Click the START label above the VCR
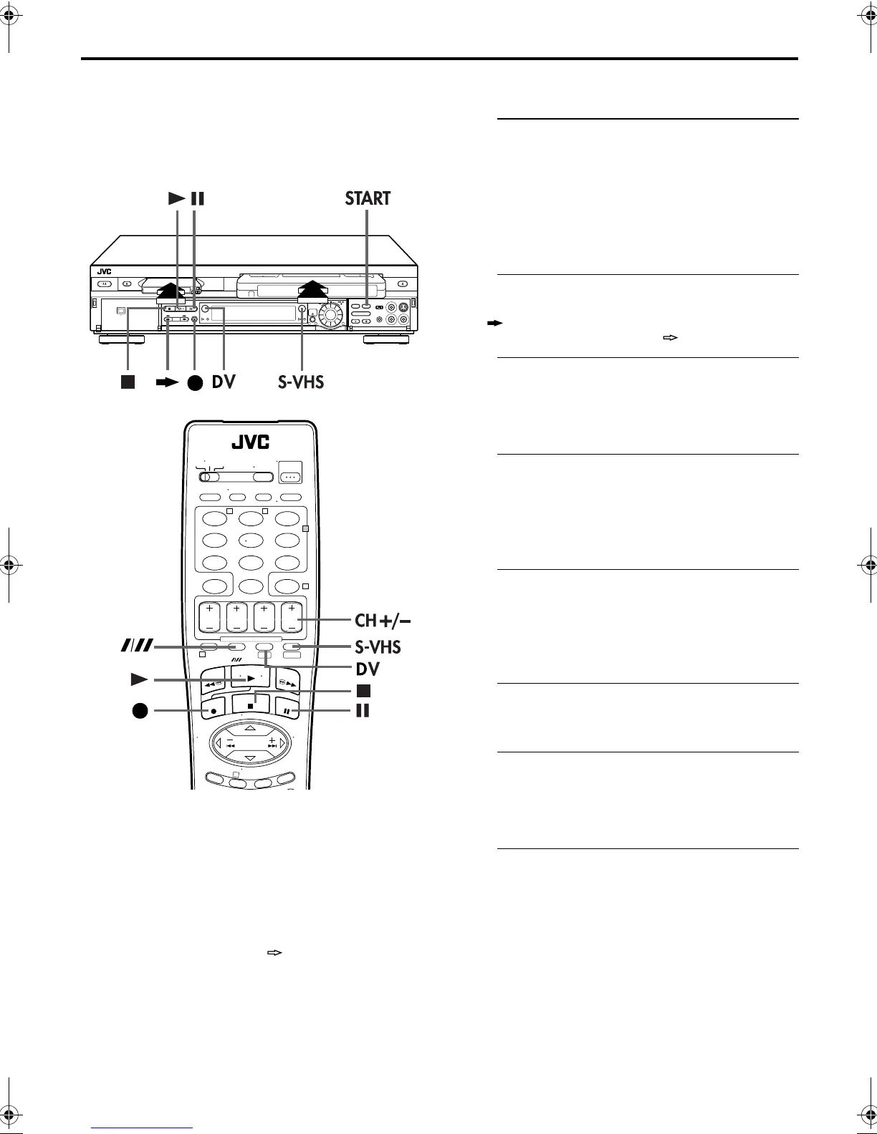click(x=368, y=198)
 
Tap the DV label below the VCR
click(x=224, y=382)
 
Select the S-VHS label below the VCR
click(x=301, y=382)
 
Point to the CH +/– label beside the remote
click(x=385, y=619)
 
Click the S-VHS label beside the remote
click(x=378, y=647)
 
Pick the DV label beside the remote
click(x=368, y=669)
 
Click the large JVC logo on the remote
click(x=250, y=442)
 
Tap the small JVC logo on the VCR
click(x=106, y=271)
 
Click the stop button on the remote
click(x=251, y=704)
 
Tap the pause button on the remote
click(x=287, y=712)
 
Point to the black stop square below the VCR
click(x=128, y=382)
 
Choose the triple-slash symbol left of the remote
click(x=136, y=647)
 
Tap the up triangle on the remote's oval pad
click(x=250, y=728)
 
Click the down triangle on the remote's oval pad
click(x=250, y=757)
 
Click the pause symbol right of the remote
click(x=363, y=711)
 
